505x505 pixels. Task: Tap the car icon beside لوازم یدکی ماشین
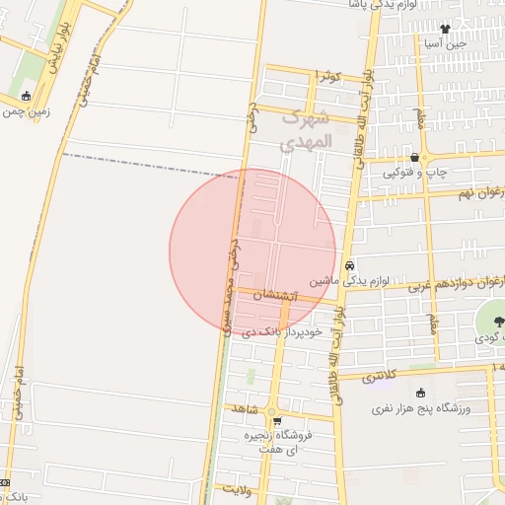[x=350, y=265]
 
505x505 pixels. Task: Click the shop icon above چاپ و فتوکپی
[x=415, y=158]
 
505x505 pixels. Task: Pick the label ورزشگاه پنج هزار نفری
[x=422, y=407]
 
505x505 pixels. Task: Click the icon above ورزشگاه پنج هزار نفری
[x=422, y=393]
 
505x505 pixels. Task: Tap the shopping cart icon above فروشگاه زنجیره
[x=263, y=421]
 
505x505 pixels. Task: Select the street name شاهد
[x=242, y=407]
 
